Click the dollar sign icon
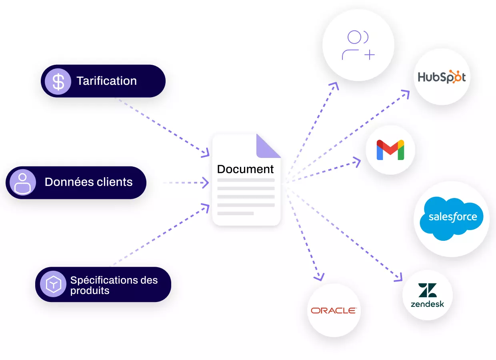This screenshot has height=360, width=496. tap(58, 82)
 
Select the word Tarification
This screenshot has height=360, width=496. tap(106, 81)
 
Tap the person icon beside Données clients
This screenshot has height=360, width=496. tap(22, 183)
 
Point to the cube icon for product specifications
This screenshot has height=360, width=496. tap(53, 284)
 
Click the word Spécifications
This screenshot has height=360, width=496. tap(104, 280)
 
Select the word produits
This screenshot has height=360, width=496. tap(90, 291)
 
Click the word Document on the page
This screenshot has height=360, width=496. tap(245, 169)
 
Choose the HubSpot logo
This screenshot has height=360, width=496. tap(442, 77)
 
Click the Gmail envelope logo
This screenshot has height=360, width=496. tap(390, 150)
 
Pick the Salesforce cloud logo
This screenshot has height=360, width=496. tap(451, 218)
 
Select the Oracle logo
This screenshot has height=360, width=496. tap(334, 311)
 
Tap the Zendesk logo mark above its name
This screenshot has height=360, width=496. tap(427, 290)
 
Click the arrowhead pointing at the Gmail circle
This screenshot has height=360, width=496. tap(357, 162)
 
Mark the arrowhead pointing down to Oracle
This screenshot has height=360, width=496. tap(319, 277)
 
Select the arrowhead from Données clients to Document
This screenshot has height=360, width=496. tap(206, 183)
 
